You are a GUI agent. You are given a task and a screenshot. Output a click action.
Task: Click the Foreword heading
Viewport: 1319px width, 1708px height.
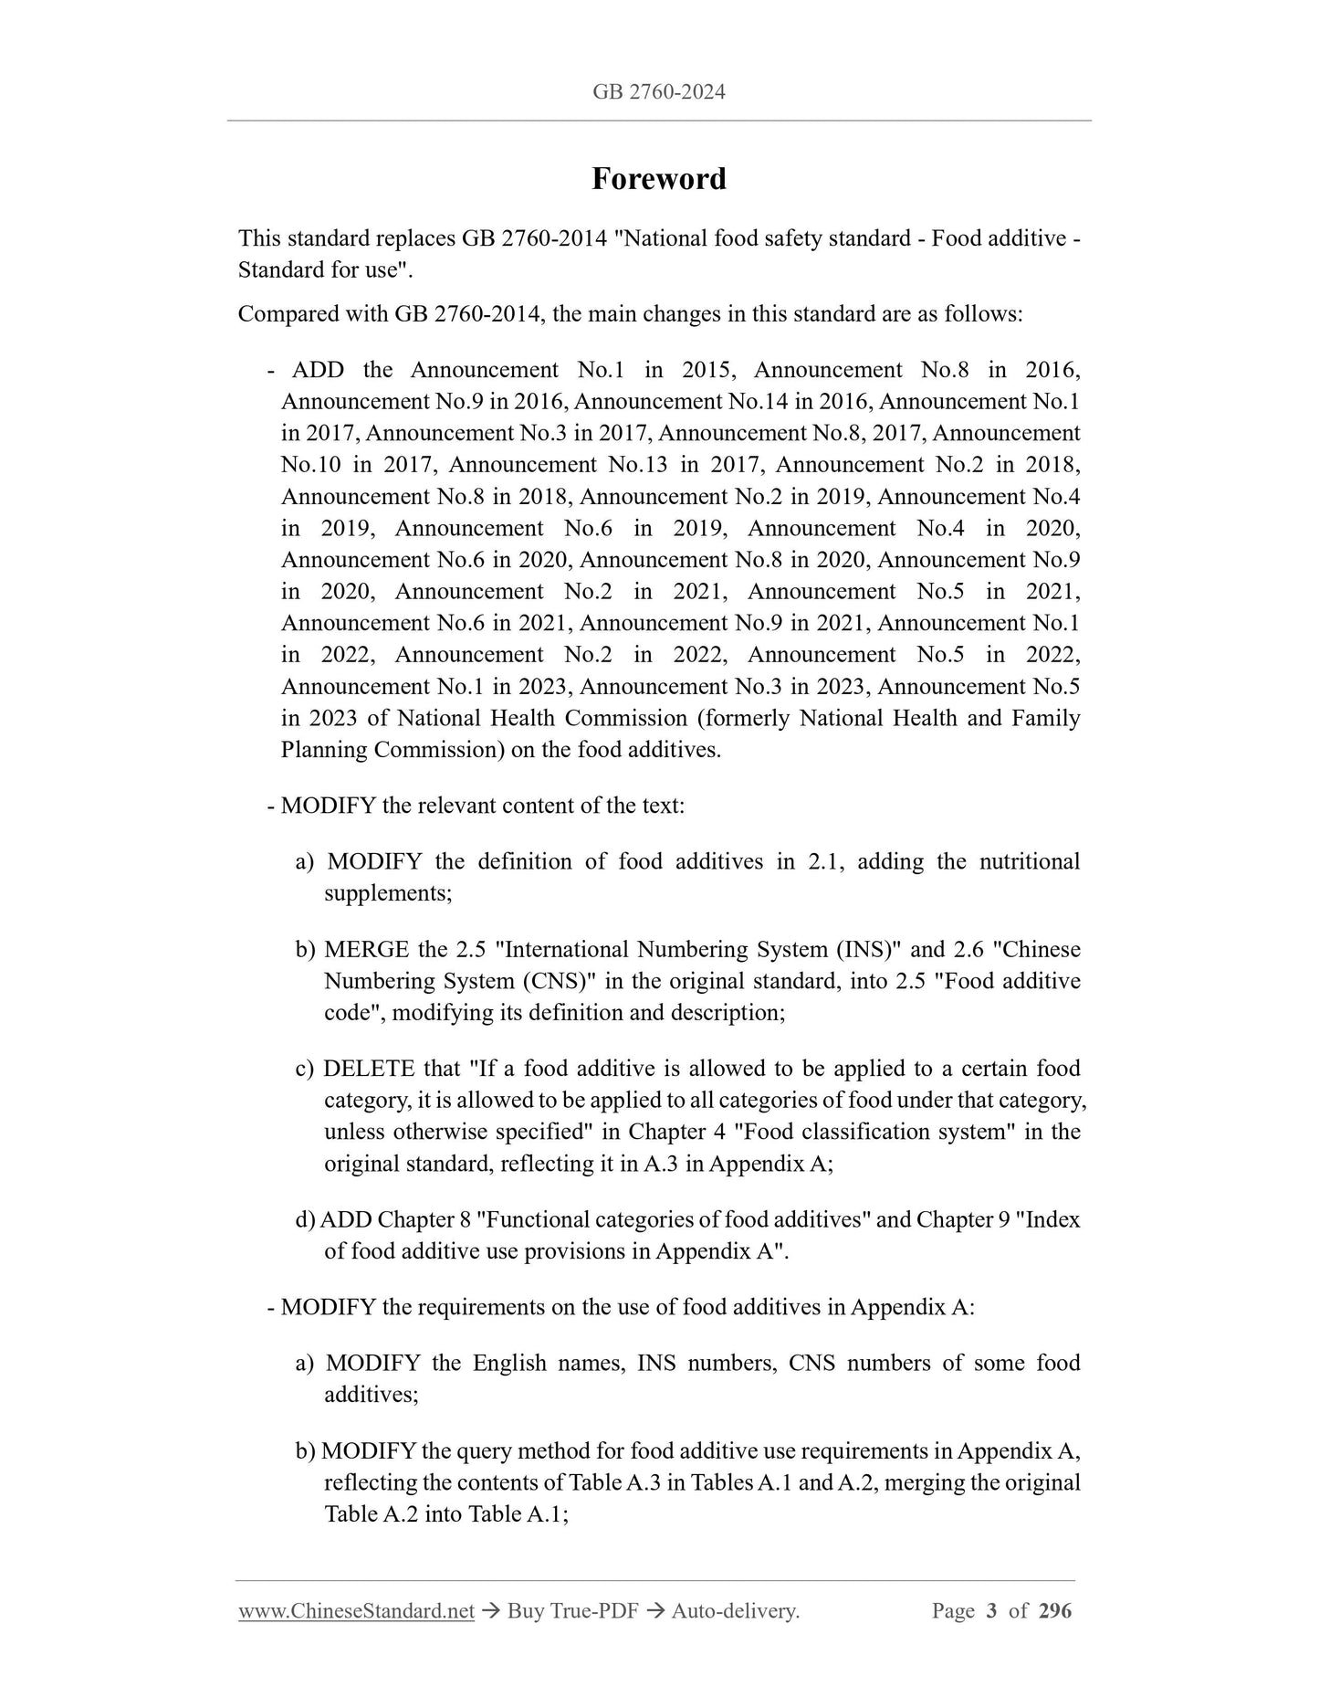point(658,178)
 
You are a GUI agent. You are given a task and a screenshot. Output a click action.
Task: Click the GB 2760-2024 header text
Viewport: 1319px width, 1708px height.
point(658,91)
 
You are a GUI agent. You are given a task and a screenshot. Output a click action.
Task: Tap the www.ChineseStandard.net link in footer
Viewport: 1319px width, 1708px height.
point(356,1611)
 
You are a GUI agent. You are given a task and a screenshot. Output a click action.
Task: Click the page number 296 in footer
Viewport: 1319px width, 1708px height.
point(1055,1611)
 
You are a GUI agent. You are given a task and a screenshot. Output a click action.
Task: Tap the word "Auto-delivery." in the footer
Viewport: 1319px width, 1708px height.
point(735,1611)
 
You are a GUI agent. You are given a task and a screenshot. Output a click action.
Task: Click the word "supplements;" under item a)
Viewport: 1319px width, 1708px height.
point(388,893)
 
